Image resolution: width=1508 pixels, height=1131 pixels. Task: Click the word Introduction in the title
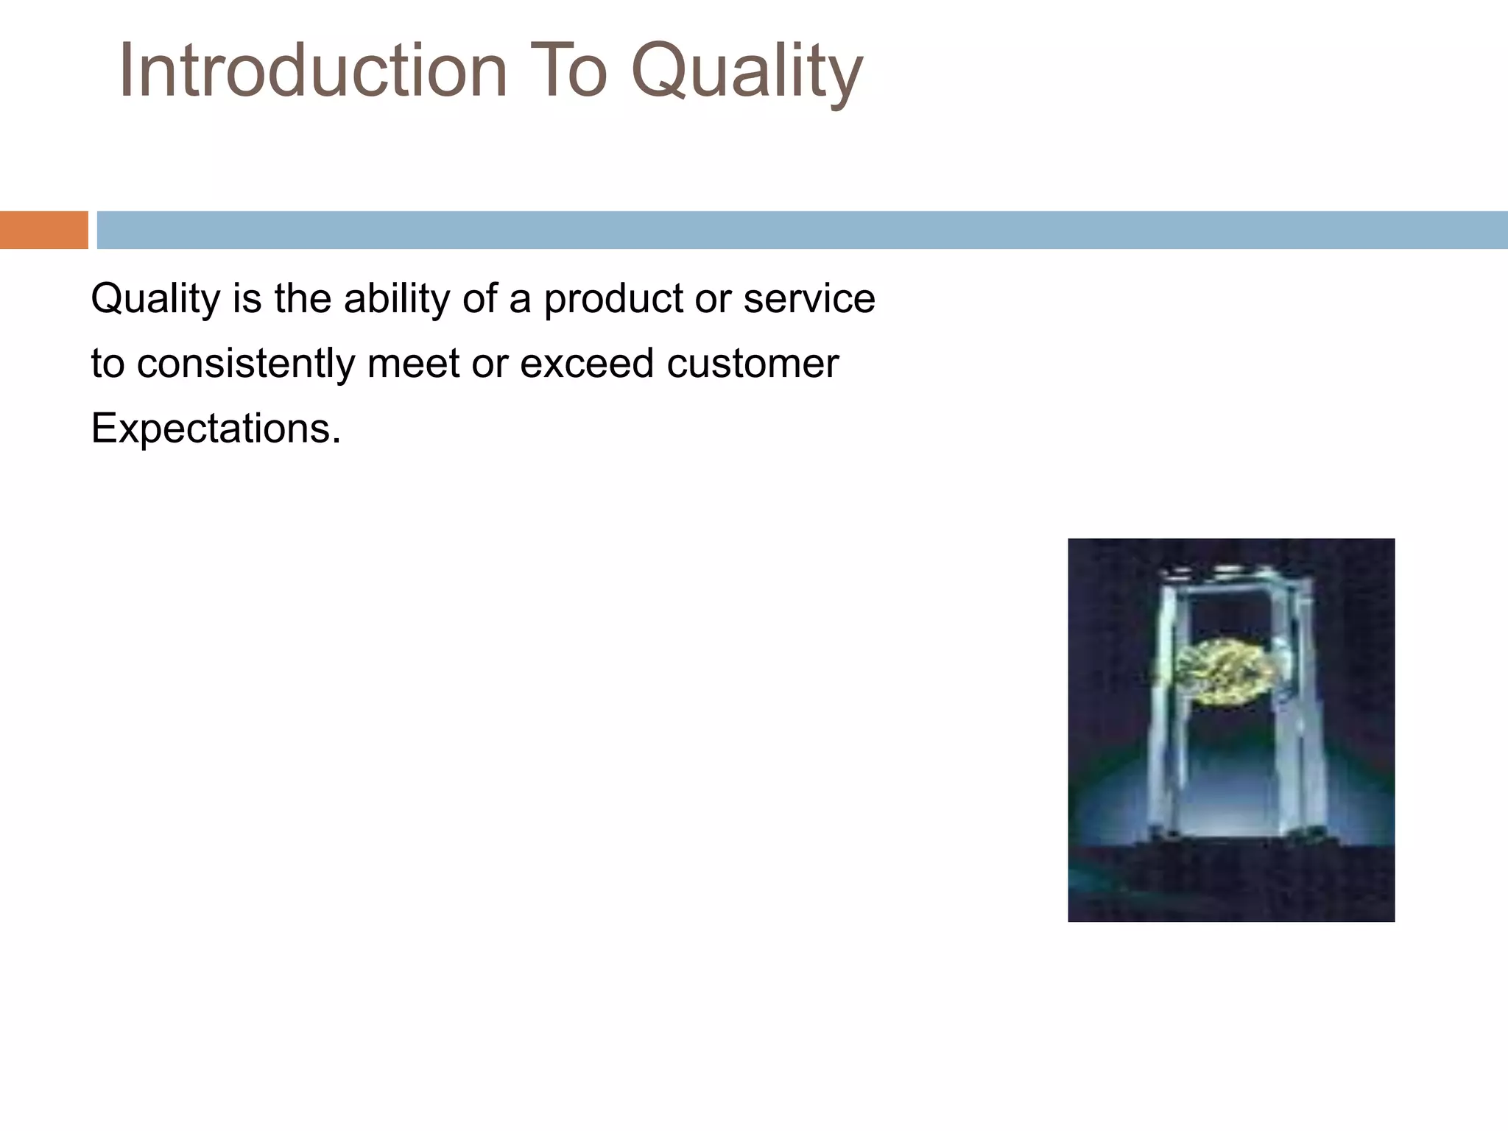(x=313, y=71)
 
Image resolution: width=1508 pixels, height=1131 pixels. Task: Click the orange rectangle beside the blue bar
(x=43, y=230)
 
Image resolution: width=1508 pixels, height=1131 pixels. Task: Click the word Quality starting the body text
(x=155, y=300)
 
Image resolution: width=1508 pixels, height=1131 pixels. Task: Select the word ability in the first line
(x=396, y=300)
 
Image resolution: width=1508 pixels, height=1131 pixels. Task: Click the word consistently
(x=245, y=364)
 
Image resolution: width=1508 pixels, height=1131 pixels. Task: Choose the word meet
(x=413, y=364)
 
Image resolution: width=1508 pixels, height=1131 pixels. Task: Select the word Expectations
(x=216, y=429)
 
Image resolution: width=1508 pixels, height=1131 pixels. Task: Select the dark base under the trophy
(x=1231, y=876)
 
